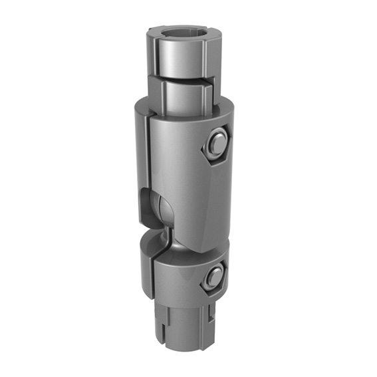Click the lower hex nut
[x=213, y=278]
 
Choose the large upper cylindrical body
[x=180, y=166]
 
